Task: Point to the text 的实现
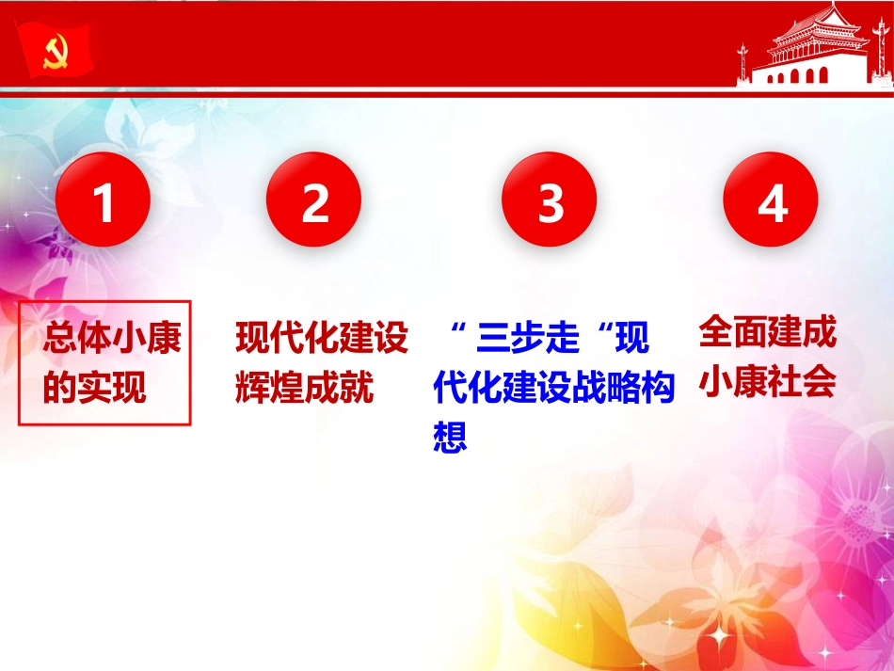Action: (94, 388)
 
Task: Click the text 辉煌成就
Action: (304, 387)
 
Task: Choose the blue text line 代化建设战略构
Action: (554, 388)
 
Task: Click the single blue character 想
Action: (451, 437)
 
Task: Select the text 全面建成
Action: (767, 332)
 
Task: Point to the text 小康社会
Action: (767, 381)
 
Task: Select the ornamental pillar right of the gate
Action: (872, 62)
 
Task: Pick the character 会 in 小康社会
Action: (819, 381)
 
